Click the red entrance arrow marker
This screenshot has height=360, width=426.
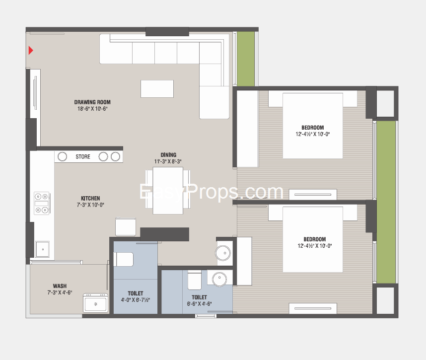coord(31,50)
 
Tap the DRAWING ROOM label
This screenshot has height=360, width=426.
coord(92,102)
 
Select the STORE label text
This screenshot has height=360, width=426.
coord(83,157)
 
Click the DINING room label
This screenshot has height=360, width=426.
coord(168,155)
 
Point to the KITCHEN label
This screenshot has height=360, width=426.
coord(90,198)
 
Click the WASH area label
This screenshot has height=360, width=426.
coord(60,286)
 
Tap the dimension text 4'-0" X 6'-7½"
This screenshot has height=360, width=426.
coord(136,300)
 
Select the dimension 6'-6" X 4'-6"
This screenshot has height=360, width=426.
coord(199,304)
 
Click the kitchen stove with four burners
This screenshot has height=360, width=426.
coord(42,203)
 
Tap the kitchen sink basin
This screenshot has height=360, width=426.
coord(43,249)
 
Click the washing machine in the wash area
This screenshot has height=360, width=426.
coord(95,303)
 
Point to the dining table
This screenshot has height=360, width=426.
coord(168,191)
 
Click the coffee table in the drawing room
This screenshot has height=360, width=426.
coord(157,89)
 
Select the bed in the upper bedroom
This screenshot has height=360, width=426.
coord(313,126)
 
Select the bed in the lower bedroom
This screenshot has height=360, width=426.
coord(313,239)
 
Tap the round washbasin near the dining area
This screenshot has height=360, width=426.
coord(223,253)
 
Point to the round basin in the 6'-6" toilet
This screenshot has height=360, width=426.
coord(219,279)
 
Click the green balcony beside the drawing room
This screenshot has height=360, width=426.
coord(246,59)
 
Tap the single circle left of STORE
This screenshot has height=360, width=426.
coord(62,157)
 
